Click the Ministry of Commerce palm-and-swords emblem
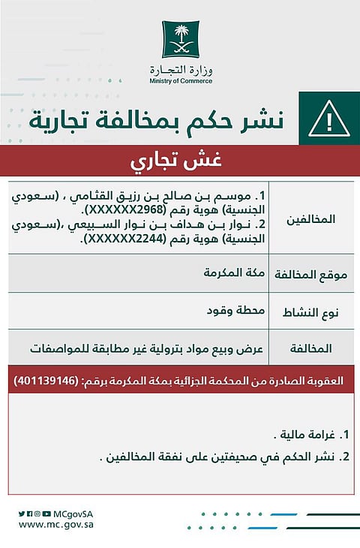tap(181, 39)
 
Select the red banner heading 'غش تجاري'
tap(181, 161)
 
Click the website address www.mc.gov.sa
tap(55, 525)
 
